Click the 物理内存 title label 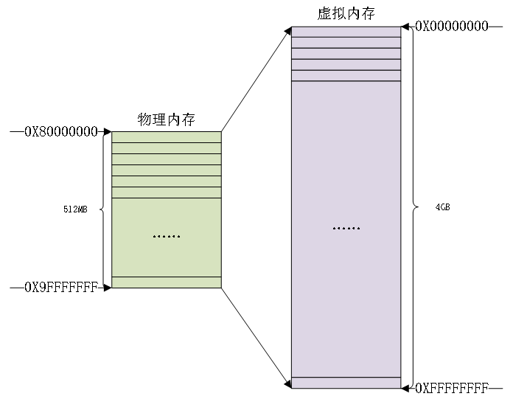(166, 119)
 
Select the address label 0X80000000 (61, 132)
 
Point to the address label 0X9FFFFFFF (61, 287)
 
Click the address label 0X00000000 (452, 26)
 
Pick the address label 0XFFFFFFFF (452, 387)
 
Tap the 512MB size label (75, 209)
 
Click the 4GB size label (442, 207)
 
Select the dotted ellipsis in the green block (166, 237)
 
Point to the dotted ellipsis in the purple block (346, 229)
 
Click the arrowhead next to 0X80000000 (107, 132)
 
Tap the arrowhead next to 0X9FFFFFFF (107, 287)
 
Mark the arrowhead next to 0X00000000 (405, 27)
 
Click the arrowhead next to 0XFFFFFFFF (405, 386)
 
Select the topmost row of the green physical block (166, 136)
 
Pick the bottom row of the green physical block (166, 282)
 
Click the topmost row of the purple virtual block (346, 32)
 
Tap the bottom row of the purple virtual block (346, 382)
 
